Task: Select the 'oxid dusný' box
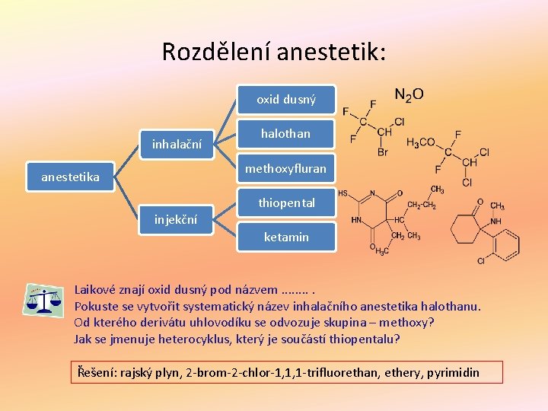click(x=285, y=99)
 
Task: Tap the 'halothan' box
click(x=285, y=134)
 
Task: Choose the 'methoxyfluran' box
click(x=285, y=168)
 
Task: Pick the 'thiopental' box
click(x=286, y=203)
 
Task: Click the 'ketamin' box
click(x=286, y=237)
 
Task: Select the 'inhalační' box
click(x=177, y=143)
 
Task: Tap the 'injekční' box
click(x=176, y=220)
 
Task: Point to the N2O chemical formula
click(x=409, y=95)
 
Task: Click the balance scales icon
click(x=43, y=300)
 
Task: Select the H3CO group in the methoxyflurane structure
click(x=421, y=142)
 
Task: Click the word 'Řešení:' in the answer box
click(x=98, y=372)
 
